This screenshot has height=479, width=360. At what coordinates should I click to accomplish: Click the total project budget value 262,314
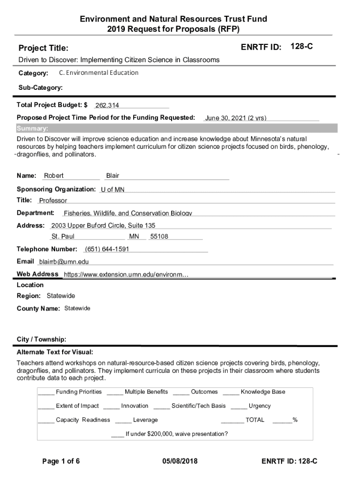tap(107, 106)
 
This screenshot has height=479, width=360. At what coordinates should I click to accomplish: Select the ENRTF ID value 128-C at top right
tap(302, 46)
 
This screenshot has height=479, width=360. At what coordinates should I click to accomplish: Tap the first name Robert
tap(54, 176)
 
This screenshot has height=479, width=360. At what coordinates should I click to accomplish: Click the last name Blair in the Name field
tap(113, 176)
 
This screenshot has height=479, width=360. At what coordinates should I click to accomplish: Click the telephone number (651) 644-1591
tap(107, 249)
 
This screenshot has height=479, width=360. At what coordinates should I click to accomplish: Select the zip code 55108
tap(159, 237)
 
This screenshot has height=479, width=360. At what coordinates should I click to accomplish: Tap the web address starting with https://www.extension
tap(126, 275)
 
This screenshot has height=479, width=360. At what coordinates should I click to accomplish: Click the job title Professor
tap(53, 201)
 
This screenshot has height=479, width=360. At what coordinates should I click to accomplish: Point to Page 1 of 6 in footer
tap(61, 462)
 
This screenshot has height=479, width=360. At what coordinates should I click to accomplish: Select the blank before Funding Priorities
tap(46, 392)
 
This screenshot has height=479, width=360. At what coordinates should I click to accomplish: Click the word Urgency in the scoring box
tap(259, 406)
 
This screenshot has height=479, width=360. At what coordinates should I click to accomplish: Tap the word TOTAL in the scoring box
tap(255, 420)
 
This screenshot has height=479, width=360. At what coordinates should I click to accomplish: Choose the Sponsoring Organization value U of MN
tap(113, 190)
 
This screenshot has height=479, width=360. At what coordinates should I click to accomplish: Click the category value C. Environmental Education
tap(99, 73)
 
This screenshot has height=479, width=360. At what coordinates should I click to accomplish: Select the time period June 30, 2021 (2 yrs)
tap(236, 118)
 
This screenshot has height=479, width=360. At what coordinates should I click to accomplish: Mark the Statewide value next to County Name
tap(77, 309)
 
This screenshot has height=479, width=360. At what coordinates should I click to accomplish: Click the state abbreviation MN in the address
tap(134, 237)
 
